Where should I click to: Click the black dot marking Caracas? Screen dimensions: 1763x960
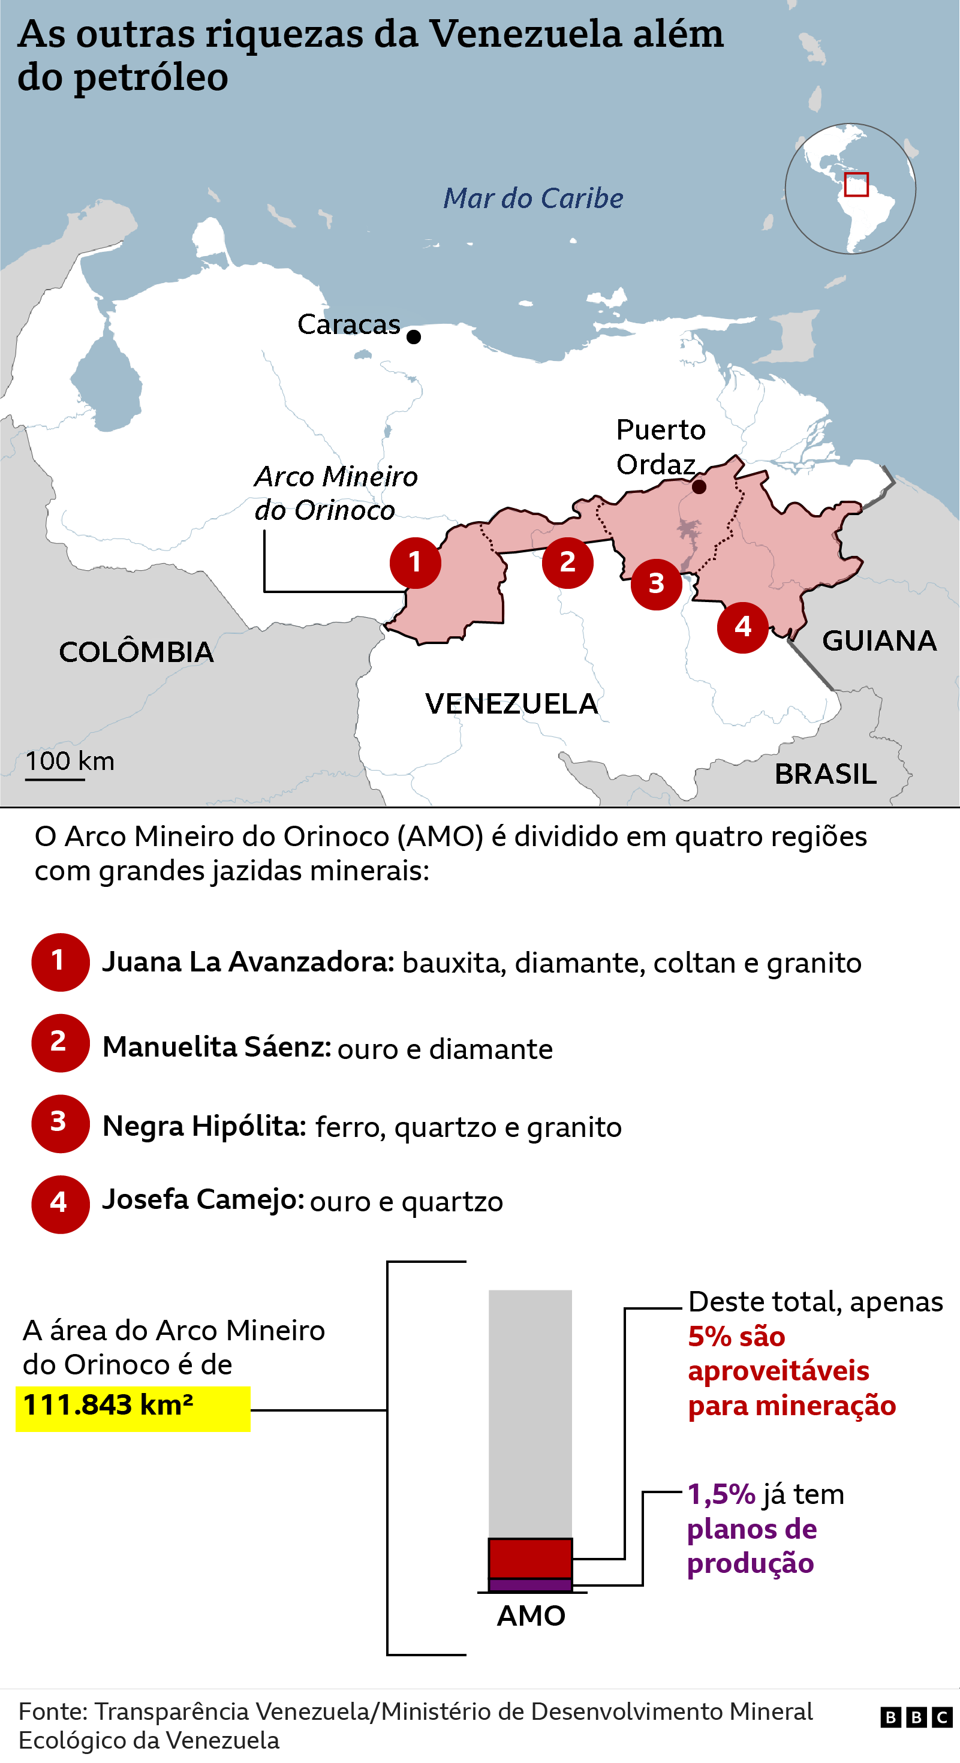click(413, 337)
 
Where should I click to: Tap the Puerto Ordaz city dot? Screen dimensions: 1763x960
click(699, 486)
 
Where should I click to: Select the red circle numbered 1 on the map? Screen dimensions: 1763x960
click(416, 562)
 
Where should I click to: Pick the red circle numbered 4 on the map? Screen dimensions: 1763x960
click(742, 627)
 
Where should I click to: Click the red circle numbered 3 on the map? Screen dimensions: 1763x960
click(656, 584)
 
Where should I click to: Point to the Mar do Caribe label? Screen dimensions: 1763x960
click(533, 198)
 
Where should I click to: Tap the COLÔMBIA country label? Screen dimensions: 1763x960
click(136, 652)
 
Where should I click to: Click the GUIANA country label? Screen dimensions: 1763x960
click(878, 641)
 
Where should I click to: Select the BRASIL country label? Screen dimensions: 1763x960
click(825, 774)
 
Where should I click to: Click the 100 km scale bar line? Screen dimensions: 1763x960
click(55, 779)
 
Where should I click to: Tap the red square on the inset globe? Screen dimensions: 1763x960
click(856, 184)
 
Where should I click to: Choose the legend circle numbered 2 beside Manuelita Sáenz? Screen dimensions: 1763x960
click(60, 1042)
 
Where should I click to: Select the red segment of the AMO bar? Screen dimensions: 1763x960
click(529, 1558)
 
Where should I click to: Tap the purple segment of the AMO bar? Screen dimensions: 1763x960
click(529, 1584)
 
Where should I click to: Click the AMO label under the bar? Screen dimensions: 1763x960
click(531, 1616)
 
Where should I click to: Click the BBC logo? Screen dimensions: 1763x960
click(916, 1717)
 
